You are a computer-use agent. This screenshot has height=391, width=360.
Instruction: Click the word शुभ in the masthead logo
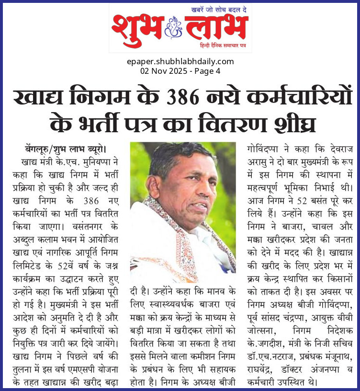[x=136, y=29]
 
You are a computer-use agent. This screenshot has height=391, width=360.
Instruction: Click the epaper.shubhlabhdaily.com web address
[x=180, y=61]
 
